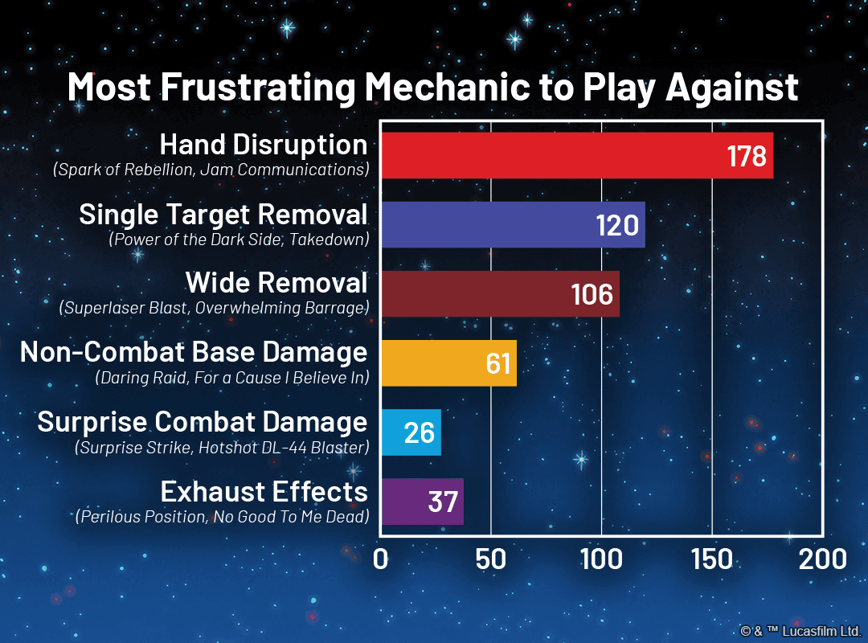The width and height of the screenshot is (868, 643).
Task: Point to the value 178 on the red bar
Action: point(747,156)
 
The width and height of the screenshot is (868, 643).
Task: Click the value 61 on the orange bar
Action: point(498,363)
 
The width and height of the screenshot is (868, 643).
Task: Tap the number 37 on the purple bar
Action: point(443,502)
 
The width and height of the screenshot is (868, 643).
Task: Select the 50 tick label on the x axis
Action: point(490,559)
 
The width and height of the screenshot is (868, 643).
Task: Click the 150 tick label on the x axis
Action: point(711,559)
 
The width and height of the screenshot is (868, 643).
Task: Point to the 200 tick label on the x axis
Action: point(821,559)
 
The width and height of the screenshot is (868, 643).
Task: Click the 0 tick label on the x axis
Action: point(381,559)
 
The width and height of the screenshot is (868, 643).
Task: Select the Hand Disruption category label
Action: point(264,145)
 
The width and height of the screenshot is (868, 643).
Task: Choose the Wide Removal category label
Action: point(276,283)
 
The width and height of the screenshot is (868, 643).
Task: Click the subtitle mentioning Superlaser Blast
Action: point(214,308)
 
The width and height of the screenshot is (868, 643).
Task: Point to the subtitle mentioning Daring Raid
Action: point(231,377)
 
